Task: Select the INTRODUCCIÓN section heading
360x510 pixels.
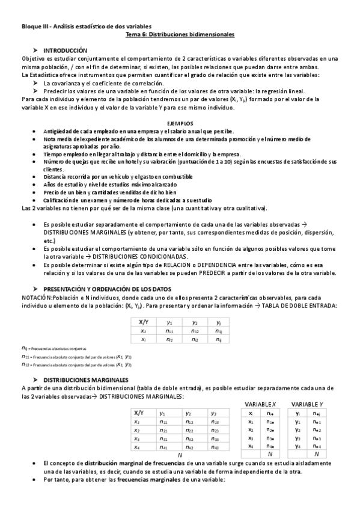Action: [x=66, y=51]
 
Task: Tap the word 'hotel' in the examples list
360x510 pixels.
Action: [x=136, y=162]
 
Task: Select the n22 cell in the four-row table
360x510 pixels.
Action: [x=189, y=431]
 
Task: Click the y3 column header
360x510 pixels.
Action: [x=213, y=413]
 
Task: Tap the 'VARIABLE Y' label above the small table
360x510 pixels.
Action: [x=308, y=404]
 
